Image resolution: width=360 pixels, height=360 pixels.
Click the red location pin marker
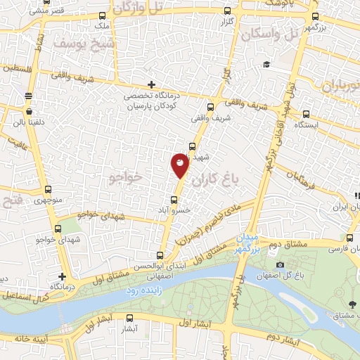[x=180, y=166]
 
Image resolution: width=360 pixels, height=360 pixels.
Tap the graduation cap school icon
[x=266, y=65]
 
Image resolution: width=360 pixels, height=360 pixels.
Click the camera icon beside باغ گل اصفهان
[x=281, y=265]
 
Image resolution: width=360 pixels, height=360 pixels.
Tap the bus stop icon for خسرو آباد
[x=174, y=200]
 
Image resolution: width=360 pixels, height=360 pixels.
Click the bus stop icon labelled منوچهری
[x=48, y=189]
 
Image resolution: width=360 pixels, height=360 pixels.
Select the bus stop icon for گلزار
[x=226, y=11]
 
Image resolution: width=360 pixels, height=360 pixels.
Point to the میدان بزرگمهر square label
[x=247, y=243]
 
